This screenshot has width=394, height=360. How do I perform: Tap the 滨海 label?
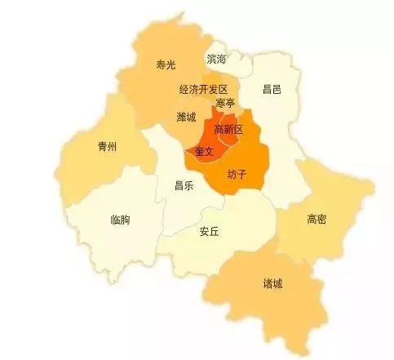tap(217, 60)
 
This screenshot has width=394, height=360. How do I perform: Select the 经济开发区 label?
tap(204, 88)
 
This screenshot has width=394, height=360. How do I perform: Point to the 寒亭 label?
tap(225, 103)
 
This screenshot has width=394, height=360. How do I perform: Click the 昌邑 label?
tap(272, 88)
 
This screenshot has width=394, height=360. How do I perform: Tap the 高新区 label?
tap(228, 130)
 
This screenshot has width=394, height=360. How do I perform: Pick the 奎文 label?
tap(203, 151)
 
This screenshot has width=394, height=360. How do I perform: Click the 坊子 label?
tap(237, 175)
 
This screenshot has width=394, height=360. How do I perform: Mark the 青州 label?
tap(107, 147)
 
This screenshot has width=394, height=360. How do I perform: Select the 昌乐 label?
tap(184, 185)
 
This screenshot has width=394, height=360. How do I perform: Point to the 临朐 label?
tap(119, 220)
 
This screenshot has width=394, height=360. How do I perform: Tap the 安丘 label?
tap(210, 231)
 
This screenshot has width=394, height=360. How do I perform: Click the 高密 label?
tap(317, 219)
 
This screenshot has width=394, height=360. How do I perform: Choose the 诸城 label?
tap(273, 283)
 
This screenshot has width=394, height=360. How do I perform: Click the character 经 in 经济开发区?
tap(184, 88)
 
